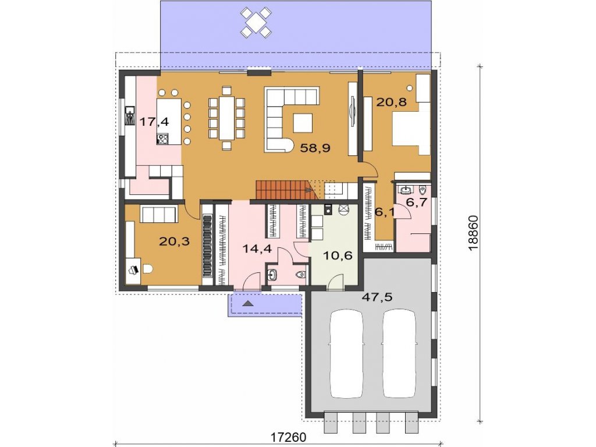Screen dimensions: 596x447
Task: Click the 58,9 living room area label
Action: coord(315,148)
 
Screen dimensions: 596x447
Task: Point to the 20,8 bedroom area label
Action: coord(391,102)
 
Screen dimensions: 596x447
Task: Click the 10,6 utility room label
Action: coord(338,255)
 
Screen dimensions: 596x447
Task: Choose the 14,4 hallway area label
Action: coord(257,249)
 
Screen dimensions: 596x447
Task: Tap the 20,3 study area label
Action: coord(175,241)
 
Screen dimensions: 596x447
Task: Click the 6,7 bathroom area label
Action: coord(417,202)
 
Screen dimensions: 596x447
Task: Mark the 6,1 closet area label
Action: coord(385,212)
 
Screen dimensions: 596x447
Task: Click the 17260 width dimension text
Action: coord(288,438)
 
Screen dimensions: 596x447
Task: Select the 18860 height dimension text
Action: coord(474,233)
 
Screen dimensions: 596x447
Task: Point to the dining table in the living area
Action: coord(227,118)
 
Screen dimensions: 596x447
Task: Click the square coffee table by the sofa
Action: coord(303,122)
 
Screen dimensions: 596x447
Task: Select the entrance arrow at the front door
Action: coord(248,303)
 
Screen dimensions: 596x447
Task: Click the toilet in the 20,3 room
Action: coord(147,269)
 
